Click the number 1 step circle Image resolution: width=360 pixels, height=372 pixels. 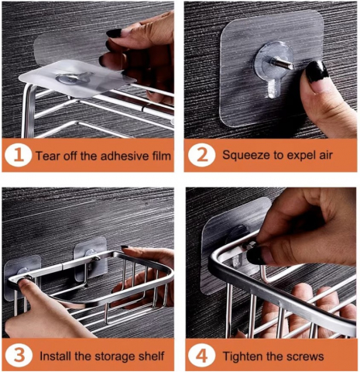tap(18, 156)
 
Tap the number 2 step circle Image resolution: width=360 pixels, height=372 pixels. tap(201, 155)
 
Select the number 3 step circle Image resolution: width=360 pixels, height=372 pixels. tap(19, 356)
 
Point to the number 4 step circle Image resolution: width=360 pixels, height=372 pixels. tap(201, 356)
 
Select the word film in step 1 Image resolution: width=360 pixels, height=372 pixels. tap(160, 156)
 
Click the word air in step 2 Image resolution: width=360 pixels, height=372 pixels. tap(325, 155)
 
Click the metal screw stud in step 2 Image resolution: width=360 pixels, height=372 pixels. tap(283, 64)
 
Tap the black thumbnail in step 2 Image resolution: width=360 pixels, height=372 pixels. tap(317, 71)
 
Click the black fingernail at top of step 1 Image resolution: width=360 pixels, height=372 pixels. tap(114, 33)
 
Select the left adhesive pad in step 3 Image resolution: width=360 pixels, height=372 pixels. tap(22, 277)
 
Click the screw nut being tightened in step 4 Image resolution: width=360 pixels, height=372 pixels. tap(250, 245)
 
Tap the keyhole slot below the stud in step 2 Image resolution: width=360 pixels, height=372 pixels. tap(274, 88)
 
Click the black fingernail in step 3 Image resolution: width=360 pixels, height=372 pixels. tap(125, 247)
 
